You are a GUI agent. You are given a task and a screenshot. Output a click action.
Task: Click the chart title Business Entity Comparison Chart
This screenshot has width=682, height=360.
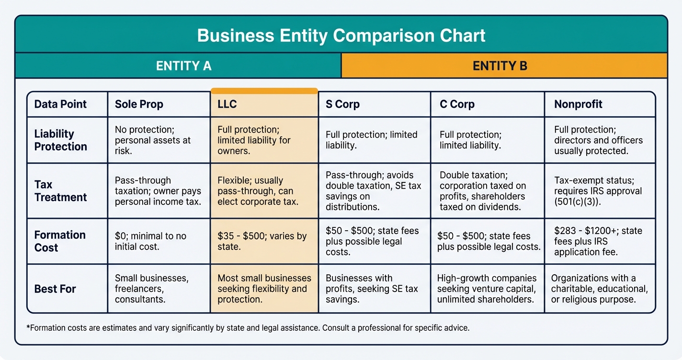coord(341,35)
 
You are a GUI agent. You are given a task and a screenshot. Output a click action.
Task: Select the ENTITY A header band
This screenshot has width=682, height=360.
coord(183,66)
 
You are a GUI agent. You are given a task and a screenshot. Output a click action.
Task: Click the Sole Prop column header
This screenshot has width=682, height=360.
coord(139,104)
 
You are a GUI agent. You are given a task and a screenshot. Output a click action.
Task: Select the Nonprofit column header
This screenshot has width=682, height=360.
coord(578,104)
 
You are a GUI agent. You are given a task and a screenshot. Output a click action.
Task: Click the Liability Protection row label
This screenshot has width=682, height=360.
coord(60,140)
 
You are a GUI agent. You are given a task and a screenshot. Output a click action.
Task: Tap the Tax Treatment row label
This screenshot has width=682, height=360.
coord(60,191)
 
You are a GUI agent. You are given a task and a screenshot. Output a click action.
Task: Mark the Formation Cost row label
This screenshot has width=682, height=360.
coord(60,241)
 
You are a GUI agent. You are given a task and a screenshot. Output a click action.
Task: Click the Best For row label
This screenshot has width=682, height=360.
coord(55,289)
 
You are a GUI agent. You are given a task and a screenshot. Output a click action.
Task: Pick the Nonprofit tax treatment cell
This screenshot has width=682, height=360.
coord(599,191)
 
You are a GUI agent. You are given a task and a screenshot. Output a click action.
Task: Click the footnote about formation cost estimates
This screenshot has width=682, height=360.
coord(248,328)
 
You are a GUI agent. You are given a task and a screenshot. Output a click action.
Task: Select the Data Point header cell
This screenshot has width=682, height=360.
coord(60,104)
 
